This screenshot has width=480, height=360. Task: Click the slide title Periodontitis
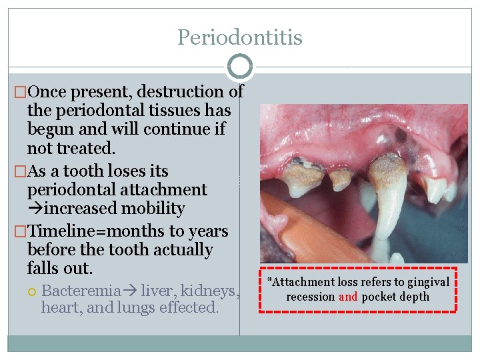239,37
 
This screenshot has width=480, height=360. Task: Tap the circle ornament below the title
239,67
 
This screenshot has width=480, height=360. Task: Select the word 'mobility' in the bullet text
159,209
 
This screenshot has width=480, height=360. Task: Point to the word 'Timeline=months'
81,231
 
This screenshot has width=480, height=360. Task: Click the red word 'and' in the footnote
348,297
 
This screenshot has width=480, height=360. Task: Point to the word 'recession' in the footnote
311,297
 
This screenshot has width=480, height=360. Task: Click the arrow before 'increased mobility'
35,209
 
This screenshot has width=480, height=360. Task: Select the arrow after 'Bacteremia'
131,291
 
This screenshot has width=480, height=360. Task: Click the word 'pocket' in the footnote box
378,297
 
